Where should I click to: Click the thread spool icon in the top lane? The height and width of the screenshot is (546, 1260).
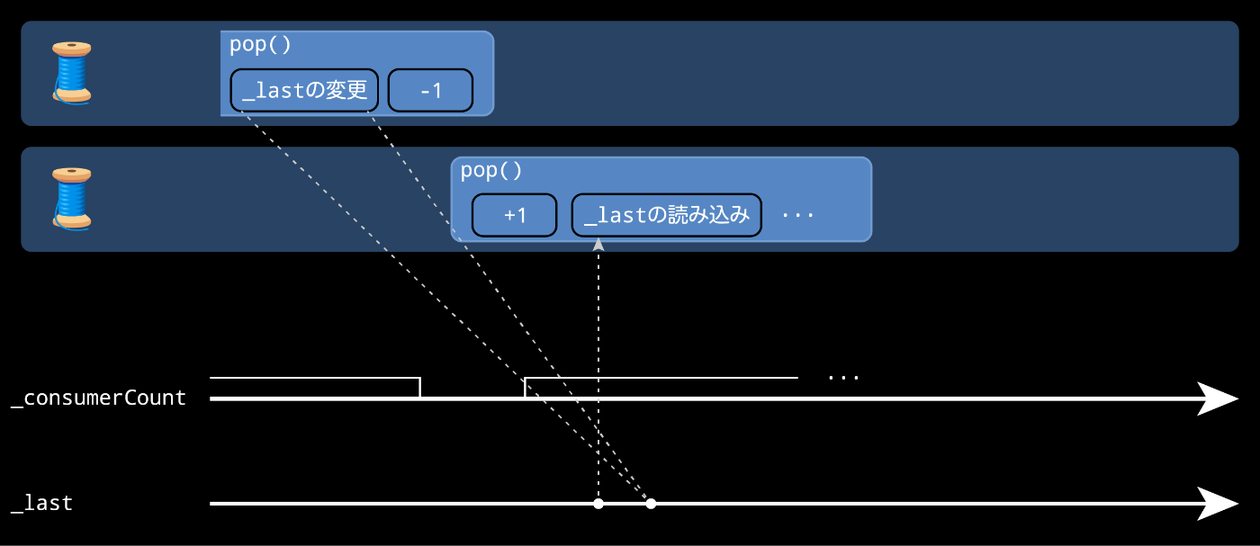click(71, 72)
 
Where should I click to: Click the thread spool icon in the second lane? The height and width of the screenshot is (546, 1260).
click(71, 198)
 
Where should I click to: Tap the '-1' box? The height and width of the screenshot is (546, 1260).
click(430, 90)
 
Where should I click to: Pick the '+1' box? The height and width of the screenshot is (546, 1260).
click(515, 216)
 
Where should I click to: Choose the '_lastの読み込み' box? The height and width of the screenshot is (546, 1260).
click(667, 216)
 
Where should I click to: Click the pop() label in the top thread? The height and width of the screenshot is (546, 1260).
click(260, 45)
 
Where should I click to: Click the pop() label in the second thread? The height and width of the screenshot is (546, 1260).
click(491, 171)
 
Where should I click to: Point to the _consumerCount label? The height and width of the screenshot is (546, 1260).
click(98, 398)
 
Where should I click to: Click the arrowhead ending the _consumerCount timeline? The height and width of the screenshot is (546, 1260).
click(1219, 398)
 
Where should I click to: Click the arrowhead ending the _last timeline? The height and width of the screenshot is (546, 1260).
click(1219, 504)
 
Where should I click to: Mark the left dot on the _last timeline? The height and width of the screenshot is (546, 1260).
click(598, 504)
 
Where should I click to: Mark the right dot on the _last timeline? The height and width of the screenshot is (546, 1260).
click(651, 504)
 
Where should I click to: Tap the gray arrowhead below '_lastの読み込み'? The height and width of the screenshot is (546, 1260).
click(598, 244)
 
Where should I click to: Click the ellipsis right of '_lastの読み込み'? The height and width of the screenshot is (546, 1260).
click(797, 216)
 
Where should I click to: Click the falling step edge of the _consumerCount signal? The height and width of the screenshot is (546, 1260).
click(419, 388)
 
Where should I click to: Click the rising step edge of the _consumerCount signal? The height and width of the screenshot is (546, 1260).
click(525, 388)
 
